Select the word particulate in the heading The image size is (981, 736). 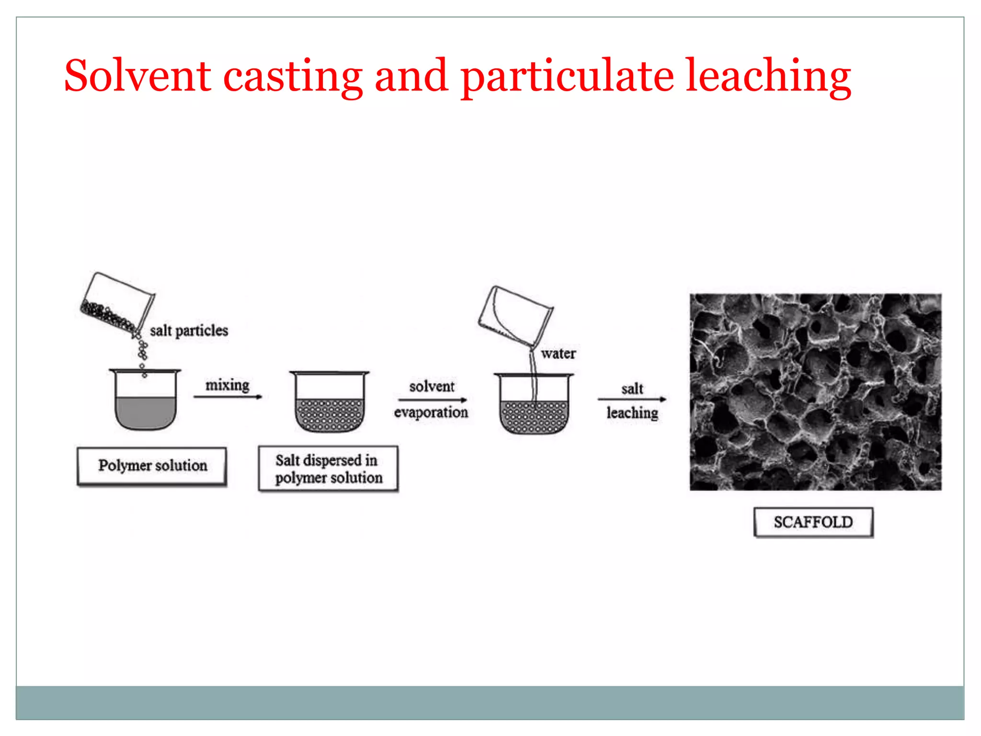(x=567, y=77)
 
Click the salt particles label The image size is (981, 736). (x=189, y=331)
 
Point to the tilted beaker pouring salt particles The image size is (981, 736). (x=117, y=302)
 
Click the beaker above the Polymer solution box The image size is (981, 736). (x=145, y=400)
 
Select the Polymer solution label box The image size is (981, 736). (x=152, y=466)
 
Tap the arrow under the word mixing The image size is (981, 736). (x=228, y=397)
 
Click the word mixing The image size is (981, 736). (x=228, y=385)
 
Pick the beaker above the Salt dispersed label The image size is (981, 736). (x=330, y=402)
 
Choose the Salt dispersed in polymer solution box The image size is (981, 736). (x=328, y=469)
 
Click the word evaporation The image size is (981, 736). (x=431, y=413)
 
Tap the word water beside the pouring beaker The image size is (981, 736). (x=558, y=354)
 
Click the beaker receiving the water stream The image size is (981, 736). (x=534, y=405)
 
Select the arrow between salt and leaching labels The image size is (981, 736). (x=632, y=399)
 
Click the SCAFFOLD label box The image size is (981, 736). (x=813, y=522)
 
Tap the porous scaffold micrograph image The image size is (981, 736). (x=815, y=392)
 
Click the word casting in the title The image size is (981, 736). (x=293, y=77)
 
